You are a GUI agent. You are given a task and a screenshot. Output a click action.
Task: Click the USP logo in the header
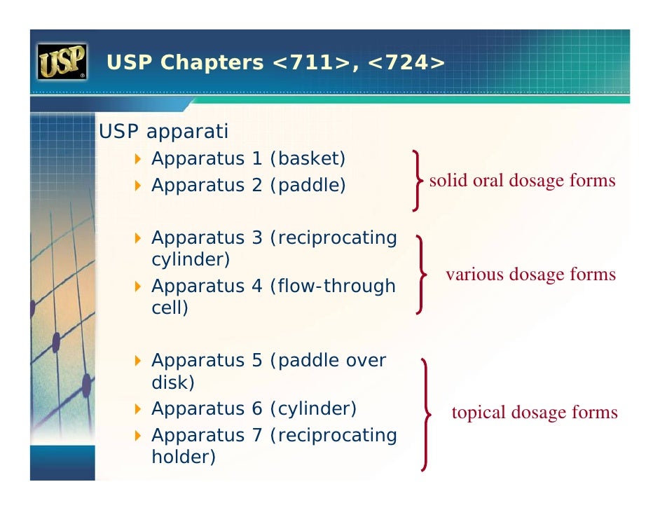coord(62,62)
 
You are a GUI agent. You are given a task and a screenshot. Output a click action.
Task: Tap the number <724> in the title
coord(406,63)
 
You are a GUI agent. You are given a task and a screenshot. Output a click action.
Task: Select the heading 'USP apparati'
coord(163,132)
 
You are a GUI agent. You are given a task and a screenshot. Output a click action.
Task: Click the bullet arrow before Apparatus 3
coord(138,238)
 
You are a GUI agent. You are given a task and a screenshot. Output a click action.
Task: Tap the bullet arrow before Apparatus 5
coord(138,361)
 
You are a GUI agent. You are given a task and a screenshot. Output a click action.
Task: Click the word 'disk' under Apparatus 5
coord(170,382)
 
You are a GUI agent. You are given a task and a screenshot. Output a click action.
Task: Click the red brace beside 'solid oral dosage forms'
coord(418,180)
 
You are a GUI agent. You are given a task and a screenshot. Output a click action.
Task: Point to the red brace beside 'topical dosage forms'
coord(425,413)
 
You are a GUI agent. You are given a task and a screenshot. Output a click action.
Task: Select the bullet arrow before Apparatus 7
coord(138,436)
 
